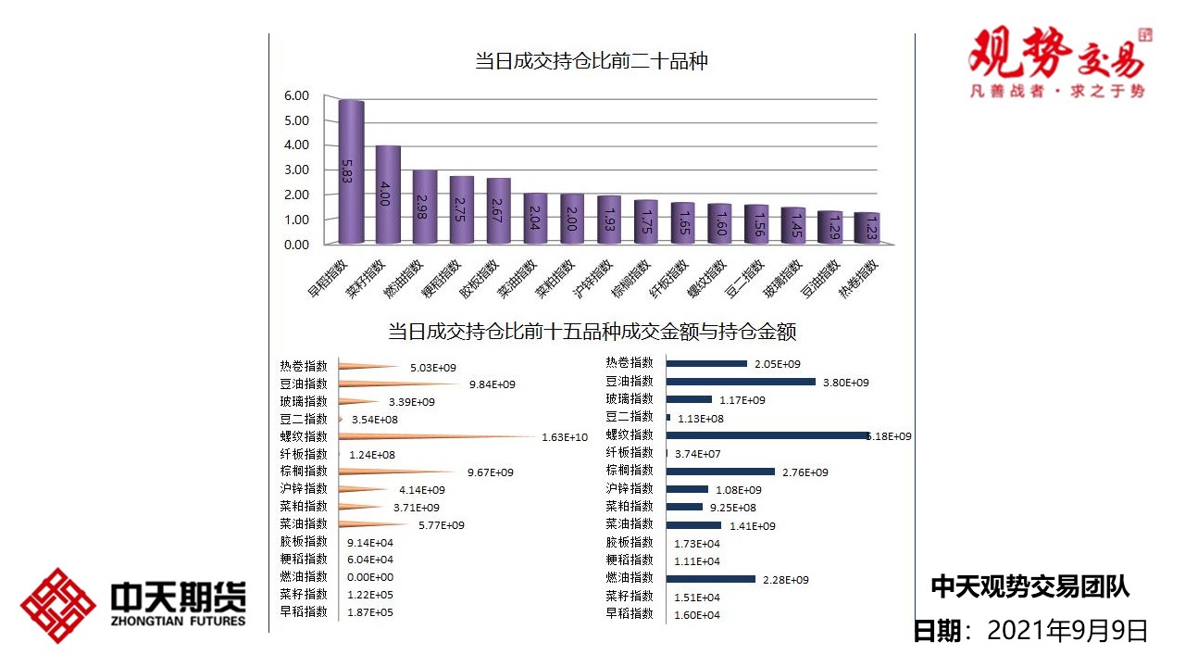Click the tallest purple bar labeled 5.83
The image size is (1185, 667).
[x=351, y=172]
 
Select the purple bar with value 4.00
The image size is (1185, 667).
[x=388, y=195]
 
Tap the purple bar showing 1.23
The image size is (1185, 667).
[x=867, y=229]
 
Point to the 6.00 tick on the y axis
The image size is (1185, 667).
[x=296, y=95]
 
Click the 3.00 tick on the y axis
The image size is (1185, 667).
[x=296, y=170]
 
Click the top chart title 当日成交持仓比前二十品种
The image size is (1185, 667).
[x=592, y=62]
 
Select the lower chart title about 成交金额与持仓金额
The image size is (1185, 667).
[x=592, y=331]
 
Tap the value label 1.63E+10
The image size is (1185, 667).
[x=565, y=437]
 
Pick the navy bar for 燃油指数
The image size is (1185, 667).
[x=710, y=579]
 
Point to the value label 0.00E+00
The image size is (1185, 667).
[x=369, y=577]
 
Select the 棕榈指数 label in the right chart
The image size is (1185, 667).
[x=630, y=471]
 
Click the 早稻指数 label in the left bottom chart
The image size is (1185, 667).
[x=304, y=611]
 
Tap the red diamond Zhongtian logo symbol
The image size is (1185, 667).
[x=58, y=606]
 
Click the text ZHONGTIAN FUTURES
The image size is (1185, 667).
[x=177, y=621]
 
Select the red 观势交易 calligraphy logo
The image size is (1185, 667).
[x=1056, y=54]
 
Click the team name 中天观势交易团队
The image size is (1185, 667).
[x=1029, y=586]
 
